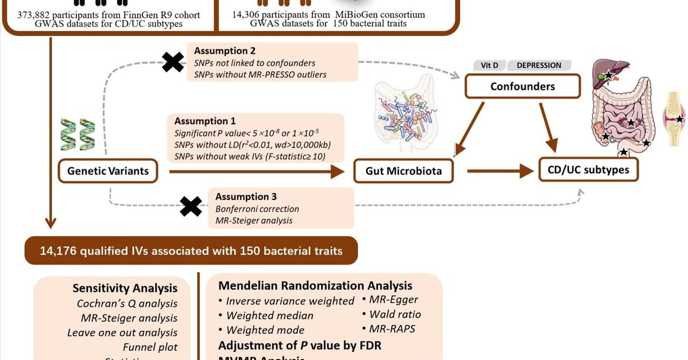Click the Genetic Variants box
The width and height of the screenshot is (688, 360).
tap(108, 171)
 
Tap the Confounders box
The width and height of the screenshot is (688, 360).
tap(522, 87)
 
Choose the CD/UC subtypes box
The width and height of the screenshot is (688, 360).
tap(588, 170)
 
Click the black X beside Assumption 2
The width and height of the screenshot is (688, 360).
tap(173, 61)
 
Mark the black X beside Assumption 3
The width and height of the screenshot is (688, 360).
tap(191, 206)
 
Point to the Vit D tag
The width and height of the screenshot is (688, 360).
tap(486, 65)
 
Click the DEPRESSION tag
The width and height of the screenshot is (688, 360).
tap(539, 65)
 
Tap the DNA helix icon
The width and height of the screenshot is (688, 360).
tap(79, 135)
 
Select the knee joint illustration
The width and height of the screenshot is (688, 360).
tap(675, 119)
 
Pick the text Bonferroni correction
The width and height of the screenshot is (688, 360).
tap(257, 209)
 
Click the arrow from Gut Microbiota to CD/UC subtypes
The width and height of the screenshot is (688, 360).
tap(499, 171)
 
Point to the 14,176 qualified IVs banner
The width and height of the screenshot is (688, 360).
tap(191, 250)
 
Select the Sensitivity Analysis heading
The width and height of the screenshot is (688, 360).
tap(125, 288)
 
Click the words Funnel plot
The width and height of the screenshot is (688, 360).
tap(150, 347)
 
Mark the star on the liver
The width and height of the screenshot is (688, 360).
tap(608, 75)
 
